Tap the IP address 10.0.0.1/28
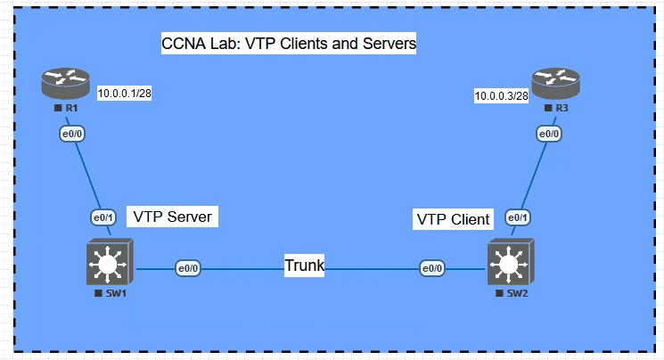pos(124,93)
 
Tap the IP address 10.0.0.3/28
pos(500,95)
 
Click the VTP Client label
pos(453,219)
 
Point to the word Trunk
pos(304,266)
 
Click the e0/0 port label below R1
pos(70,134)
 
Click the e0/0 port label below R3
pos(548,134)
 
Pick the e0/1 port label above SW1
pos(103,217)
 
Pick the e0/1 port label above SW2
pos(518,217)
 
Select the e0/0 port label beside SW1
pos(188,267)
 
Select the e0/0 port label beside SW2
pos(432,267)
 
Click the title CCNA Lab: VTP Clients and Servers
pos(289,44)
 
